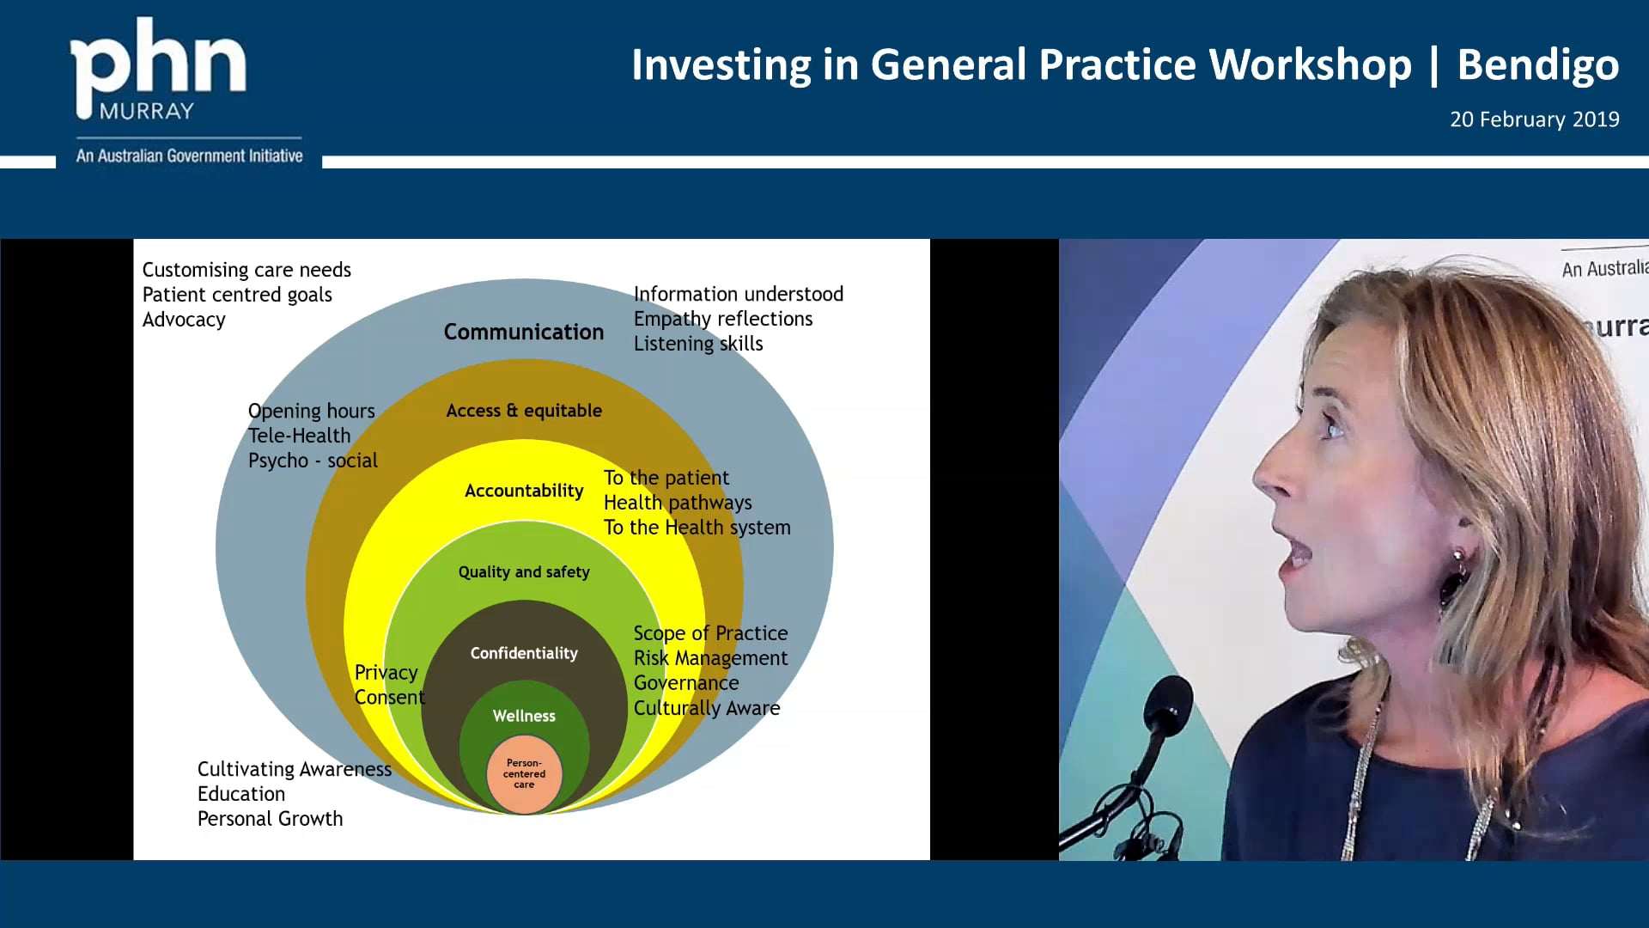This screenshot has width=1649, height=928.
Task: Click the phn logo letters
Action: (x=158, y=64)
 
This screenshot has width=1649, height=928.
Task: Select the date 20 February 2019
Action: (x=1535, y=119)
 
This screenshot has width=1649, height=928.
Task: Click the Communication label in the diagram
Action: (x=524, y=332)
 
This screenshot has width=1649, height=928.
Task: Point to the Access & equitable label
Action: (x=524, y=411)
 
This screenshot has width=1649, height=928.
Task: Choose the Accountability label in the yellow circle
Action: (x=524, y=491)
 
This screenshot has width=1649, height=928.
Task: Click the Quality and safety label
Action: (x=524, y=572)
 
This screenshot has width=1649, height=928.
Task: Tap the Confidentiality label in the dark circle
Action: (x=524, y=653)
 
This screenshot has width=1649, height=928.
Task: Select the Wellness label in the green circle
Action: (x=524, y=716)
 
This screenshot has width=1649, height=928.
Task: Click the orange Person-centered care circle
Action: (x=524, y=774)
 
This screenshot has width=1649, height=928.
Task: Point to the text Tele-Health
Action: (x=300, y=436)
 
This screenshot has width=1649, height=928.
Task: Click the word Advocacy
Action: (x=184, y=320)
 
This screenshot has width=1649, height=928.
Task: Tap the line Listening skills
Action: (x=698, y=344)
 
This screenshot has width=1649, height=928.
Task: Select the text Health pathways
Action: (x=678, y=503)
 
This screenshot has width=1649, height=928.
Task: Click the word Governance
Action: (x=686, y=683)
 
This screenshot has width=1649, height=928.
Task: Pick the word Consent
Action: (x=390, y=698)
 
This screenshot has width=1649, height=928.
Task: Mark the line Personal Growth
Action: (x=271, y=819)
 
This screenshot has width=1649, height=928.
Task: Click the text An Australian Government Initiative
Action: (x=190, y=156)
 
